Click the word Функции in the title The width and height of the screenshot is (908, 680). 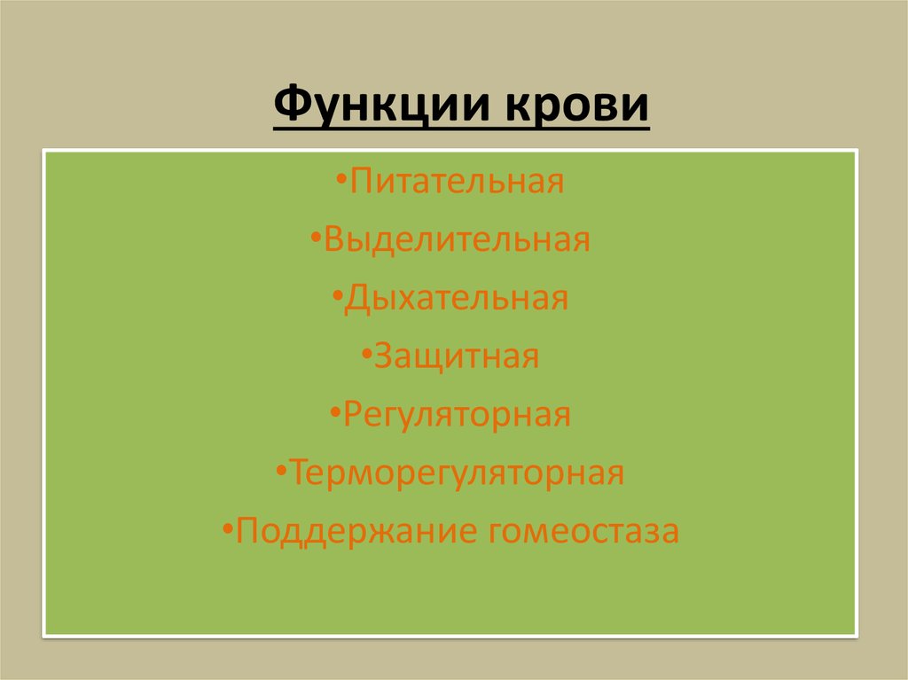tap(381, 106)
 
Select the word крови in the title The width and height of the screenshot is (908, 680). tap(575, 106)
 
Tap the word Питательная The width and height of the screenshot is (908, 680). tap(458, 182)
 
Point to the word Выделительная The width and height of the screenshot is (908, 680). tap(458, 239)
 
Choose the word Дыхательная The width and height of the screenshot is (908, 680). tap(458, 298)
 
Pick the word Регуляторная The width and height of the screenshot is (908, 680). tap(458, 414)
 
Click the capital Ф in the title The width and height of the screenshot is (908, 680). tap(290, 106)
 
